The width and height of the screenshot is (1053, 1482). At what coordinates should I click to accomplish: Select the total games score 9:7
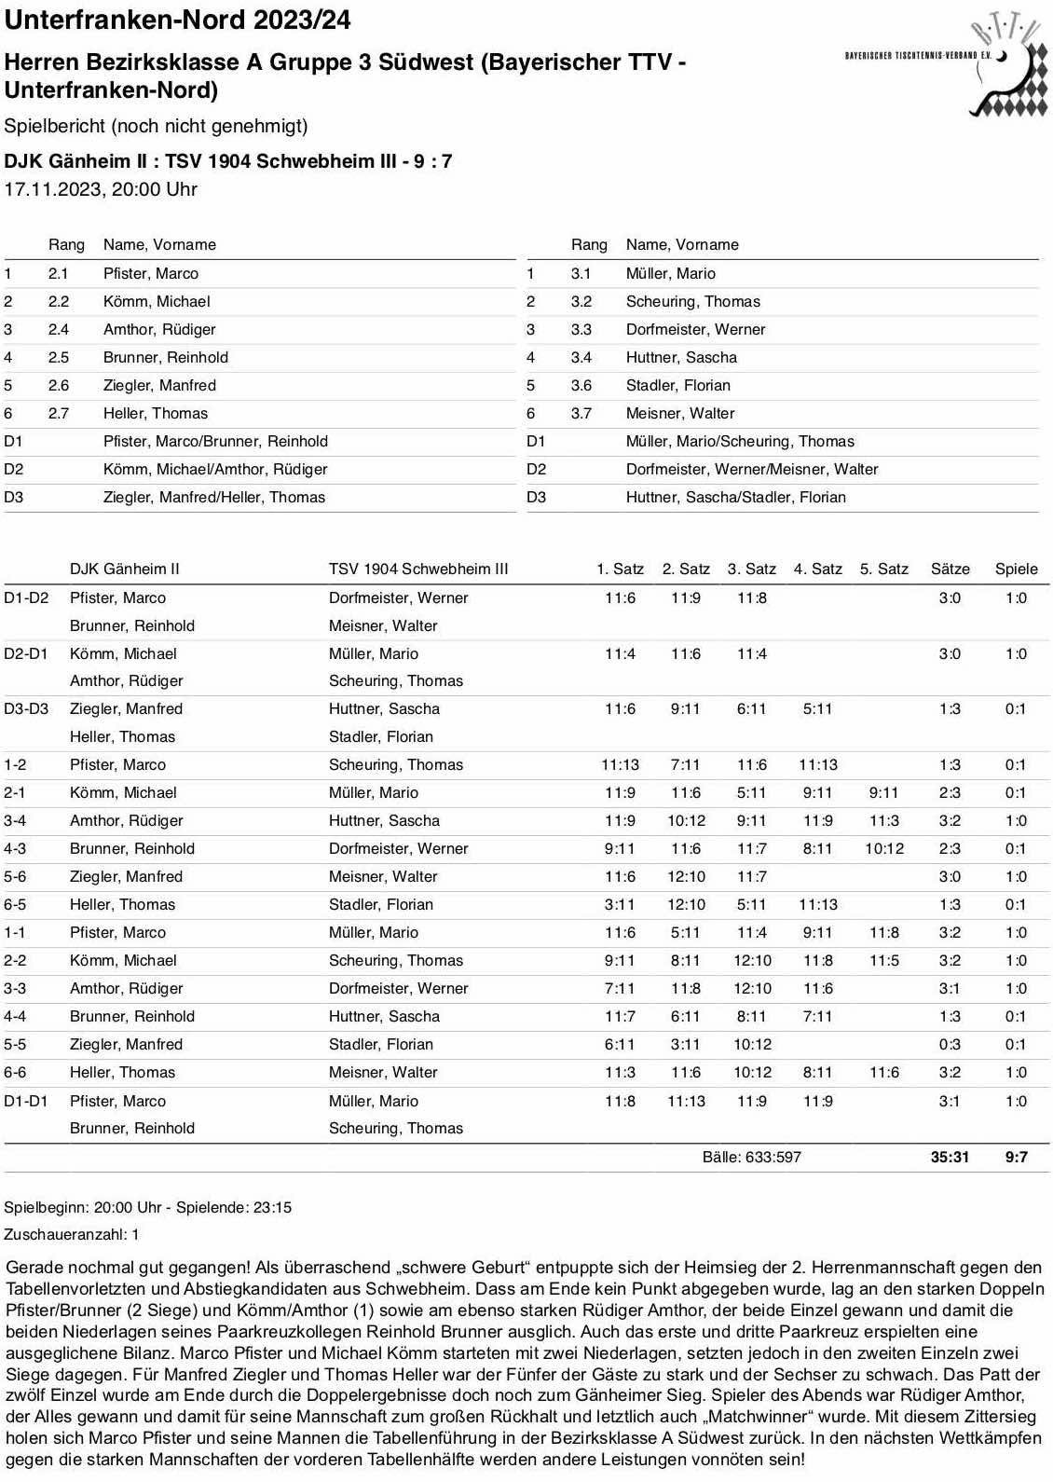(x=1016, y=1157)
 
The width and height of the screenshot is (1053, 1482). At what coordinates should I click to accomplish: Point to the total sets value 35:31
(x=950, y=1157)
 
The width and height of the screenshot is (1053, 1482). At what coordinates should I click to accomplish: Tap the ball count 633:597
(x=751, y=1157)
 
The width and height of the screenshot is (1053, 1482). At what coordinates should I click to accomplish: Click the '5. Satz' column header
(x=883, y=569)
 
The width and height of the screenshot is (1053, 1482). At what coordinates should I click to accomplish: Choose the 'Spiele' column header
(x=1016, y=569)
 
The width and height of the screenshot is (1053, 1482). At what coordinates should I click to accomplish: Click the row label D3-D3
(x=26, y=708)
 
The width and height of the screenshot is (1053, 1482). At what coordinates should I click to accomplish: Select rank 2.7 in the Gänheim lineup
(x=59, y=413)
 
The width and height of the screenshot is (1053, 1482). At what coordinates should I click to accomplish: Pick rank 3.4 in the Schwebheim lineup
(x=581, y=357)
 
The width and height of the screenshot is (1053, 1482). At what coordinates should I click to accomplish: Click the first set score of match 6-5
(x=620, y=904)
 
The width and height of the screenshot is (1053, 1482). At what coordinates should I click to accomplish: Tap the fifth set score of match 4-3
(x=883, y=848)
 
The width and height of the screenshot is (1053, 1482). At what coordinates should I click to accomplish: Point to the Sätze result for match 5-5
(x=950, y=1044)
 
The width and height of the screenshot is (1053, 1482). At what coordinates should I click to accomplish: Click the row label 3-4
(x=15, y=820)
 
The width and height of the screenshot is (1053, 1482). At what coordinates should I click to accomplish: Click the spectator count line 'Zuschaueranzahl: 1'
(x=72, y=1234)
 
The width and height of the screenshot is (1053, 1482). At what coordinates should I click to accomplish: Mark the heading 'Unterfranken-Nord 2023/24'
(x=177, y=20)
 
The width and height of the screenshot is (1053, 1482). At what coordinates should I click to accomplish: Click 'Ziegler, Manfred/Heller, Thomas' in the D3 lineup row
(x=214, y=497)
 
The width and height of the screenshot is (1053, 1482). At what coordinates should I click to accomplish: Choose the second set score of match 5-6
(x=686, y=876)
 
